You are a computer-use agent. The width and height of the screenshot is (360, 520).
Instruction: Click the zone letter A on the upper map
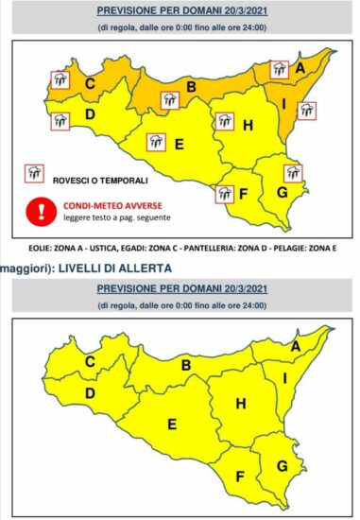click(x=299, y=68)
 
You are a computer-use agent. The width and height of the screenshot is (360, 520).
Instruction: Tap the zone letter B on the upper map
click(x=190, y=88)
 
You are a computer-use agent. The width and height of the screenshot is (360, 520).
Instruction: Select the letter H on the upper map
click(x=248, y=125)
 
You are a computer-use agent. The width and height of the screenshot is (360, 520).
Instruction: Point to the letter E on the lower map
click(x=171, y=424)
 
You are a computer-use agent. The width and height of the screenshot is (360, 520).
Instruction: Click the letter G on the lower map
click(x=282, y=466)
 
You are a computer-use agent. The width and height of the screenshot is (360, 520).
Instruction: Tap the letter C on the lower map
click(x=92, y=362)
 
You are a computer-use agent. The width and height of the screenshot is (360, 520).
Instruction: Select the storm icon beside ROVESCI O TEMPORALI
click(x=35, y=172)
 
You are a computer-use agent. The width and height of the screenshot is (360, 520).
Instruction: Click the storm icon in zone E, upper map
click(x=156, y=143)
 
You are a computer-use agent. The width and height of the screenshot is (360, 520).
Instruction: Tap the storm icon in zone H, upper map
click(x=224, y=121)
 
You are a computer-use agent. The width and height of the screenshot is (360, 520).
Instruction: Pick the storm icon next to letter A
click(x=279, y=68)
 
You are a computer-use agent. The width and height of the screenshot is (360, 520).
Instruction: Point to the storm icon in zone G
click(x=292, y=173)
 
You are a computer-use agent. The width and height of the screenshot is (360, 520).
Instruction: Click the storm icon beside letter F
click(x=225, y=194)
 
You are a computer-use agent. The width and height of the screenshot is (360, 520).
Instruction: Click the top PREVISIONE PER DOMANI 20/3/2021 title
click(x=180, y=12)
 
